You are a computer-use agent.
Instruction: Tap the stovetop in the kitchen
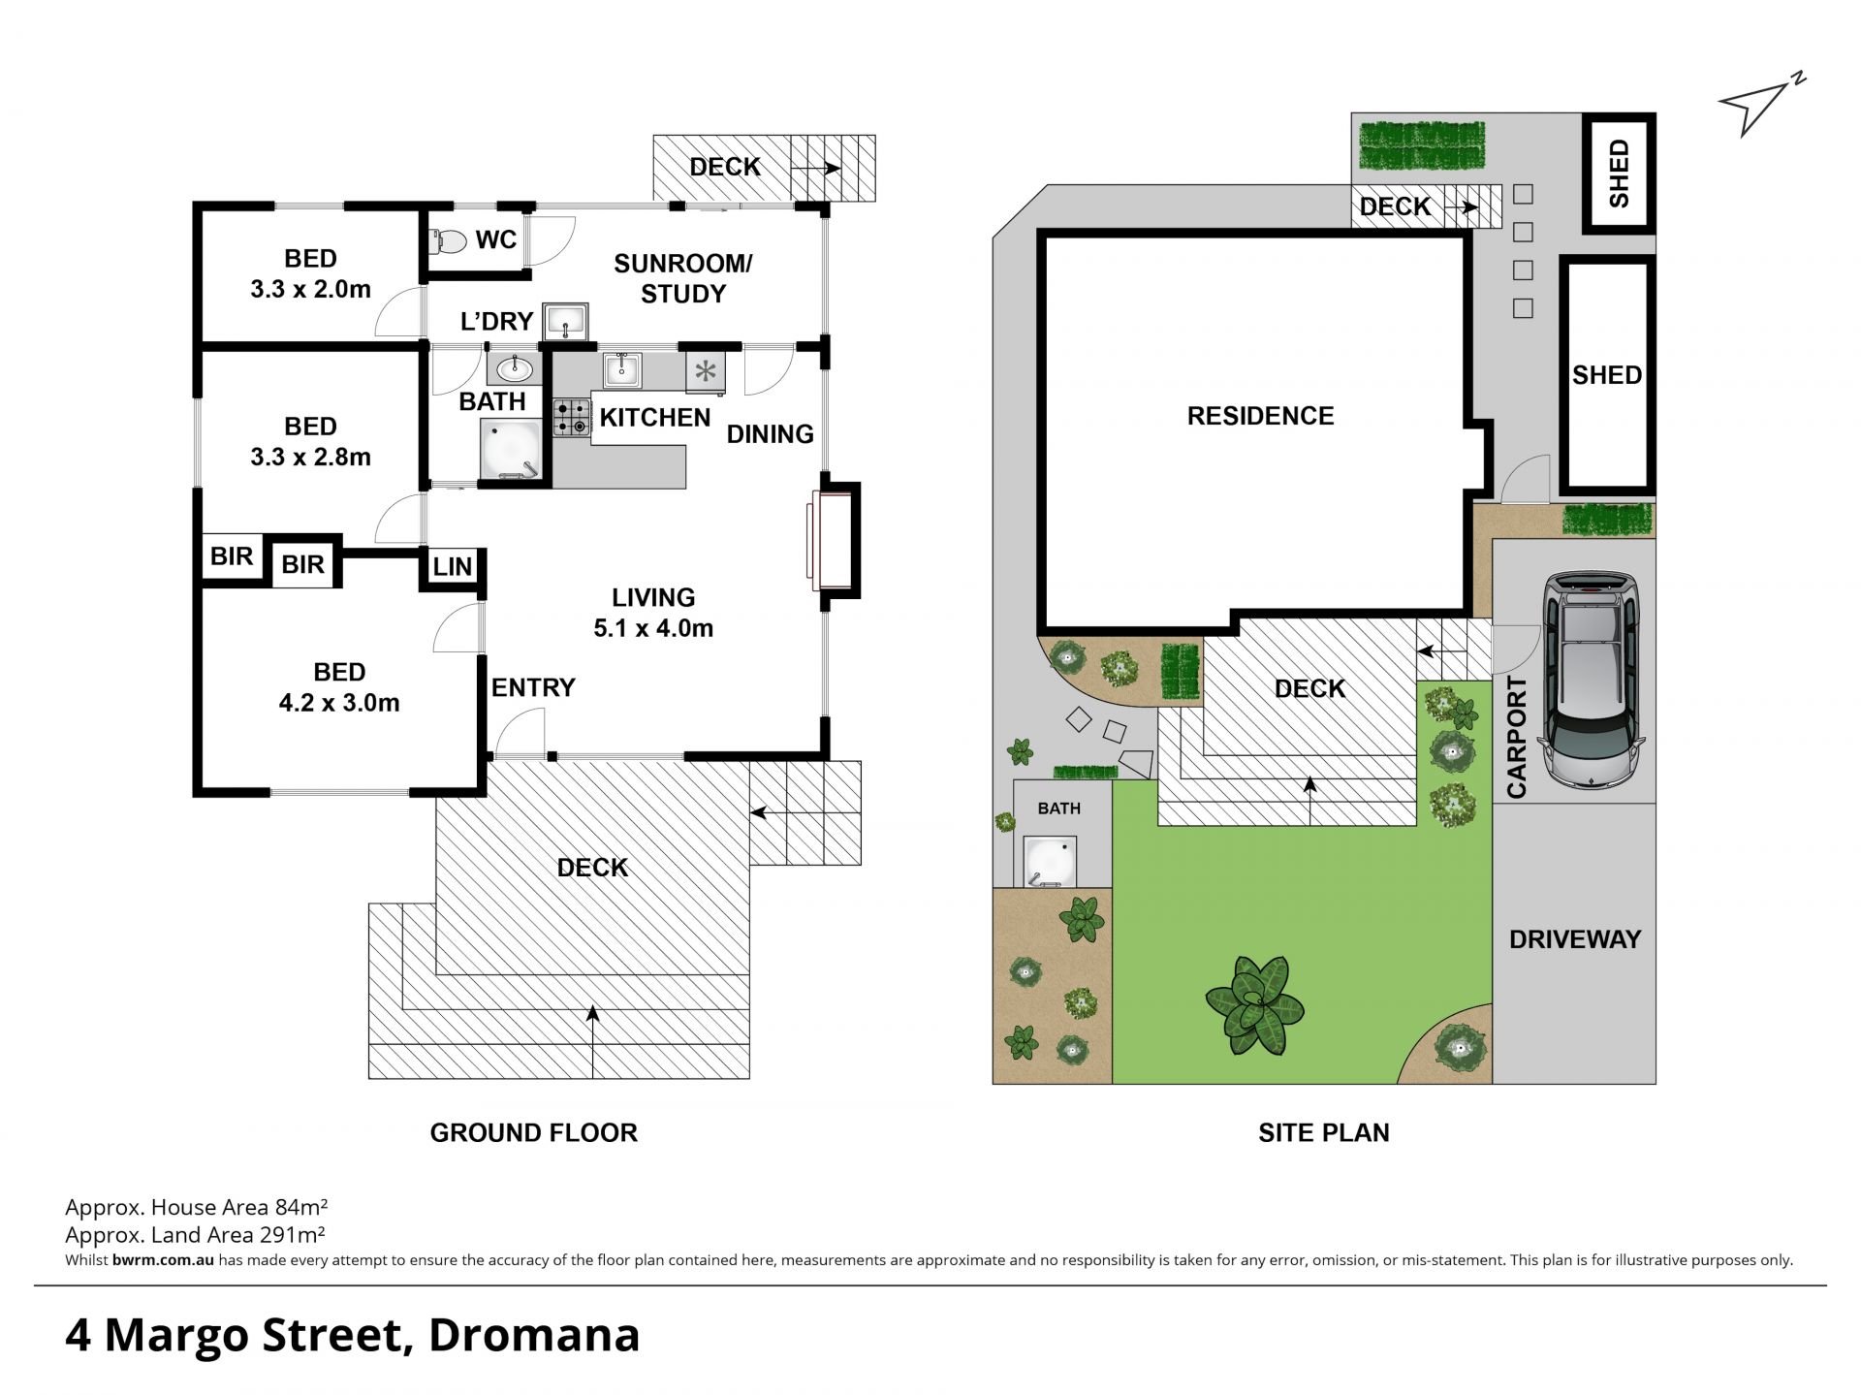(x=572, y=418)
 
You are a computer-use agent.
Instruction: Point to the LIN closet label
(x=452, y=566)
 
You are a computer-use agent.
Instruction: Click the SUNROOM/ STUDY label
(x=683, y=278)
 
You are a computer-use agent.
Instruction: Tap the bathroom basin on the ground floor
(x=514, y=368)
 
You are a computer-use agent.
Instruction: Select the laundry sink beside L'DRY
(x=565, y=319)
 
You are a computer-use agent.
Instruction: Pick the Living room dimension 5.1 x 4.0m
(x=653, y=628)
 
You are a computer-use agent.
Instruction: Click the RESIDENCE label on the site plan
(x=1260, y=416)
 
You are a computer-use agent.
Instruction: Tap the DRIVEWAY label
(x=1575, y=938)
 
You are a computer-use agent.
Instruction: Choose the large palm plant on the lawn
(x=1255, y=1005)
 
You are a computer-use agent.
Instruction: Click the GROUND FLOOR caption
(x=534, y=1132)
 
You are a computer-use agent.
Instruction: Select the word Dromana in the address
(x=534, y=1335)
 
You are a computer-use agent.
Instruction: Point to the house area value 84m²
(x=301, y=1207)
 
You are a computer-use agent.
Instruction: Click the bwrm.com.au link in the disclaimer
(x=163, y=1260)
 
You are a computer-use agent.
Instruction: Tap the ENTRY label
(x=533, y=687)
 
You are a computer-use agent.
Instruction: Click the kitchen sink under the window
(x=621, y=369)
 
